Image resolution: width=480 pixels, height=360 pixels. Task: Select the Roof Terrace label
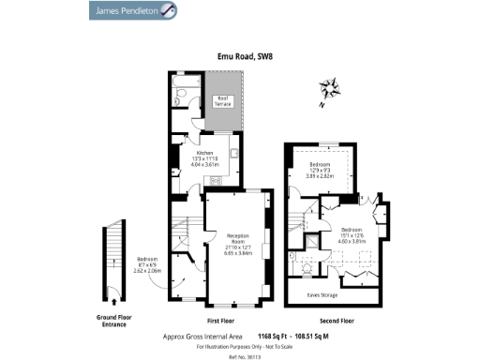pos(224,101)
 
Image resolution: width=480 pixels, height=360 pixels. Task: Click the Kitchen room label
pos(204,156)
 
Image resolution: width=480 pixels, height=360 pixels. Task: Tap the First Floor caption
pos(194,321)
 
